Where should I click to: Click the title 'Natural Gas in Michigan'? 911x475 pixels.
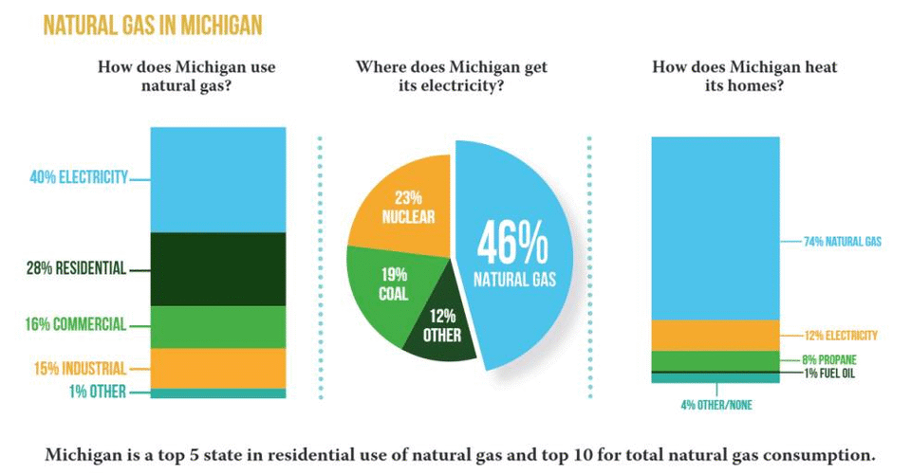(x=153, y=25)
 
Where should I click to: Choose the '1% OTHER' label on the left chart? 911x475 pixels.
(x=96, y=392)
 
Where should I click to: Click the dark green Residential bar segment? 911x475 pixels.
(x=217, y=268)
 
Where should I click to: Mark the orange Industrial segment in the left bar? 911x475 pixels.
(x=217, y=368)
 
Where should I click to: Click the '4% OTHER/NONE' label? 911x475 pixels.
(x=716, y=406)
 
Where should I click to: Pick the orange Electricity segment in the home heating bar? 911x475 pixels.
(x=716, y=335)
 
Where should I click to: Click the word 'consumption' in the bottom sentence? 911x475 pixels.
(x=822, y=454)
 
